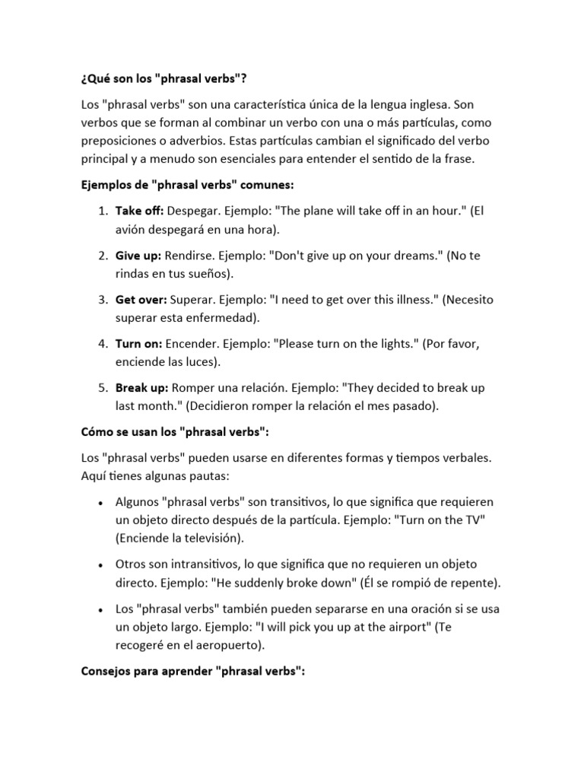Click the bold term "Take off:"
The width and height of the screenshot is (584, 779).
coord(139,211)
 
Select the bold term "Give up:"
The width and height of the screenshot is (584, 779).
coord(138,256)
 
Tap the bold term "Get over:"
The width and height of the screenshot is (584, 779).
coord(141,300)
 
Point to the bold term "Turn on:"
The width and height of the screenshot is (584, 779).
coord(138,344)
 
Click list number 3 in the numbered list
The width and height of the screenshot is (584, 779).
coord(103,300)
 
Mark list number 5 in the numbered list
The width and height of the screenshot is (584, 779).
coord(103,388)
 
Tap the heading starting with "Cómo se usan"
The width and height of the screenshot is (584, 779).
coord(175,432)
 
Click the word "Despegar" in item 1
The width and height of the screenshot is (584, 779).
coord(193,211)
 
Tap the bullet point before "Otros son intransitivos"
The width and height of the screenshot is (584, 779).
coord(102,565)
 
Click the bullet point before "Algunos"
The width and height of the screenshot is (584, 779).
coord(102,504)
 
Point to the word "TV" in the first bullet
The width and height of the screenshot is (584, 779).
coord(475,520)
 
